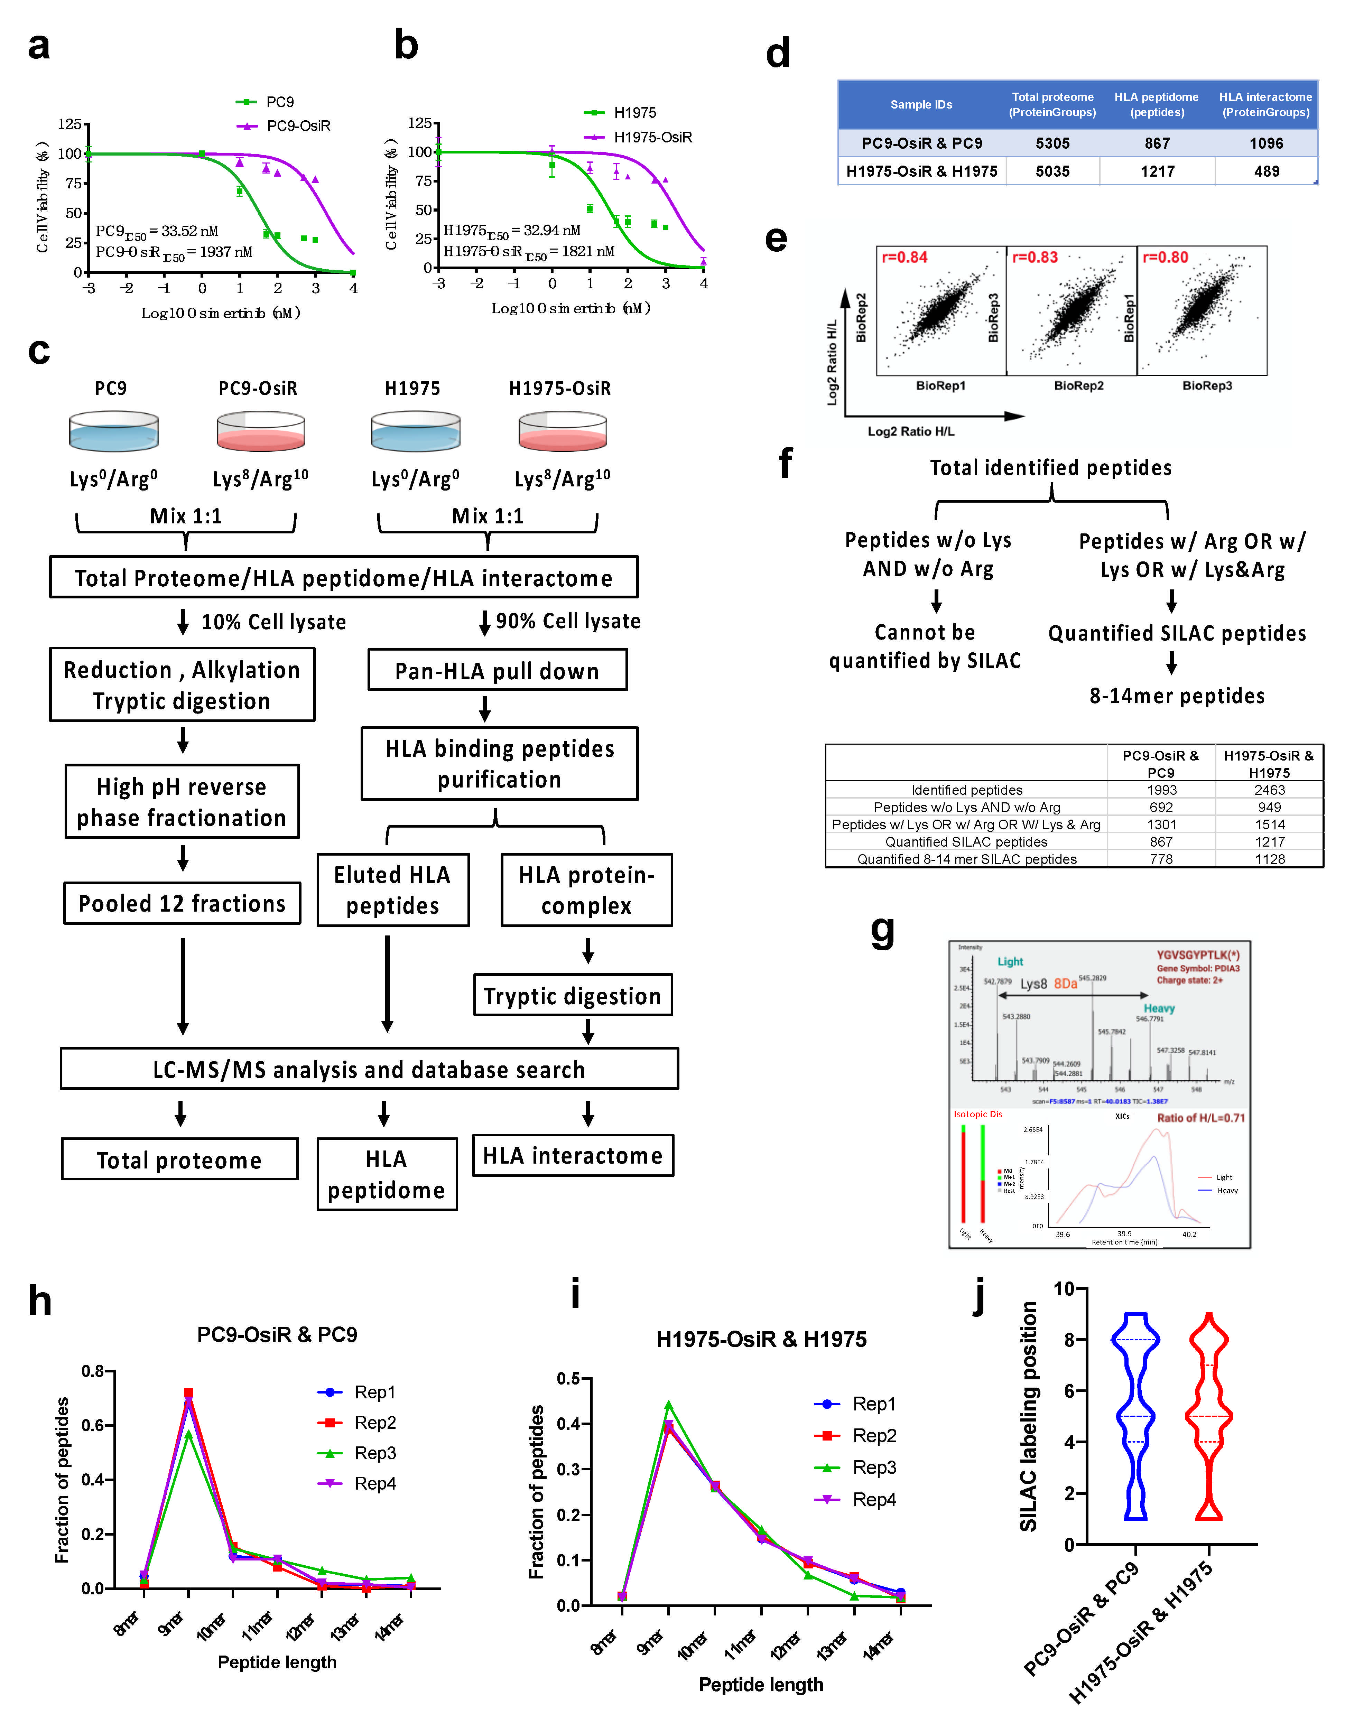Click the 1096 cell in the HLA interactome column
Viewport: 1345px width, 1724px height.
1266,143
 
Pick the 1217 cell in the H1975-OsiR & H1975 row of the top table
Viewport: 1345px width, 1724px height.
1157,171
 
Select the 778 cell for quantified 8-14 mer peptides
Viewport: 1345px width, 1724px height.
1161,859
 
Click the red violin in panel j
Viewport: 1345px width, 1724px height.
1208,1417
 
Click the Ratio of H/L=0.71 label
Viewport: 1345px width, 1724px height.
1200,1118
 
